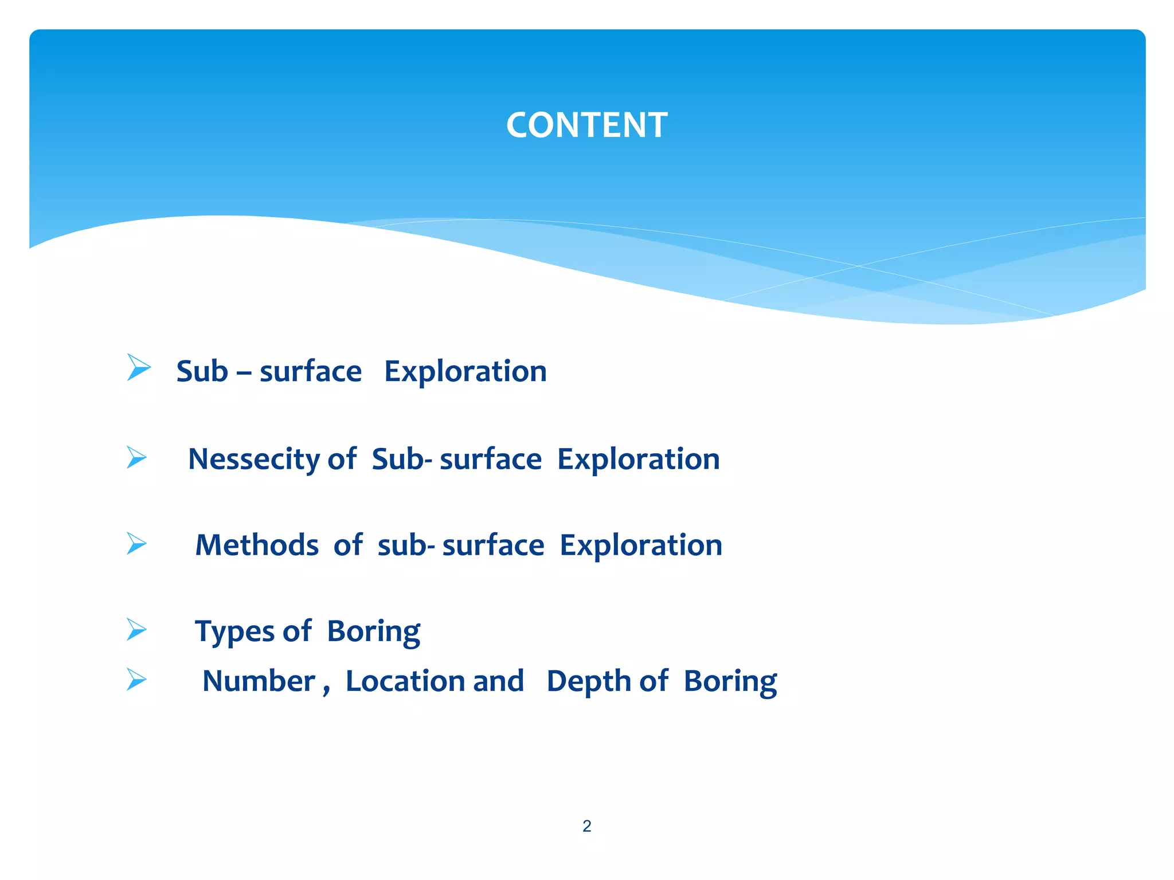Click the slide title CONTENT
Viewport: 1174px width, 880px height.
tap(586, 125)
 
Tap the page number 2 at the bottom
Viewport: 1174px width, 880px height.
tap(586, 826)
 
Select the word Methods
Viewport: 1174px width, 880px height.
tap(257, 545)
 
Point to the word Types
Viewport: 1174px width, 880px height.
tap(234, 631)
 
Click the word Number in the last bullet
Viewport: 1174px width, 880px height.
tap(259, 681)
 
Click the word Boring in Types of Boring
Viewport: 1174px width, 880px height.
tap(373, 631)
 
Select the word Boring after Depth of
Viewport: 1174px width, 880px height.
tap(730, 681)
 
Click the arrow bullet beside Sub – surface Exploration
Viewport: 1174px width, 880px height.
tap(138, 367)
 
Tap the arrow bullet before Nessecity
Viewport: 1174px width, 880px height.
tap(136, 458)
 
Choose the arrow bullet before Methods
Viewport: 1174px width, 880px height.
tap(136, 544)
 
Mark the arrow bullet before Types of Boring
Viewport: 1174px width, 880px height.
tap(136, 630)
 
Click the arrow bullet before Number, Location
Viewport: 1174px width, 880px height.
tap(136, 679)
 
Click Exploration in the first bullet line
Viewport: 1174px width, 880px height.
tap(465, 371)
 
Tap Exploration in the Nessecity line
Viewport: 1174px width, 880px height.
tap(638, 459)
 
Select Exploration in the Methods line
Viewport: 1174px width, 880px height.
tap(640, 545)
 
